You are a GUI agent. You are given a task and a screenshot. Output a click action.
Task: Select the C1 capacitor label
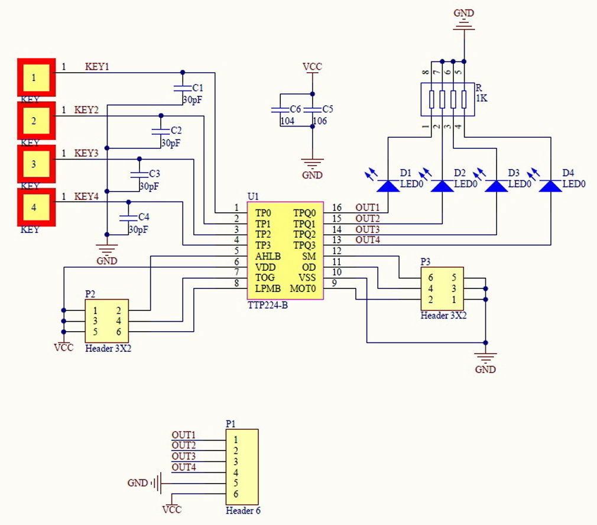point(198,87)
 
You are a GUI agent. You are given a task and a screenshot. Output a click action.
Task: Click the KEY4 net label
point(86,197)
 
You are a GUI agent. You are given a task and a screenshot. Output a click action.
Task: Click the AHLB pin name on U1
point(268,256)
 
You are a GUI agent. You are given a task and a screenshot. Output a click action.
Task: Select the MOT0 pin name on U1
point(303,289)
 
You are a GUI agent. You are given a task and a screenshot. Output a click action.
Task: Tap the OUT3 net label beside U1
point(367,229)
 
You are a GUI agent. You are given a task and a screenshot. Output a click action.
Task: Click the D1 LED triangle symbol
point(388,186)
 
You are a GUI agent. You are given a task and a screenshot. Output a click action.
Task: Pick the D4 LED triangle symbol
point(551,186)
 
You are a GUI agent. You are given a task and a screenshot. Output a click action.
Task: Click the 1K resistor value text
point(482,99)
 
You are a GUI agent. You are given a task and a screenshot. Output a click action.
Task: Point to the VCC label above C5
point(312,67)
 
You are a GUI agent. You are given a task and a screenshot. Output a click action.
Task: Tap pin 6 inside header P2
point(118,332)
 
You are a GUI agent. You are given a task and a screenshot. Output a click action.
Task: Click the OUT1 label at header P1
point(183,435)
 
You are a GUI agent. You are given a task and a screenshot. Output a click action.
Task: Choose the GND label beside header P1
point(137,483)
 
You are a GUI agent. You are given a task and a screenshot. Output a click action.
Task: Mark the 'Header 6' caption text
point(243,511)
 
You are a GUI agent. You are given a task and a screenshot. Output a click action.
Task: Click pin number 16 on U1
point(336,208)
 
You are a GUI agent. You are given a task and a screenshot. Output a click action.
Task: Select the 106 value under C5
point(319,121)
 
